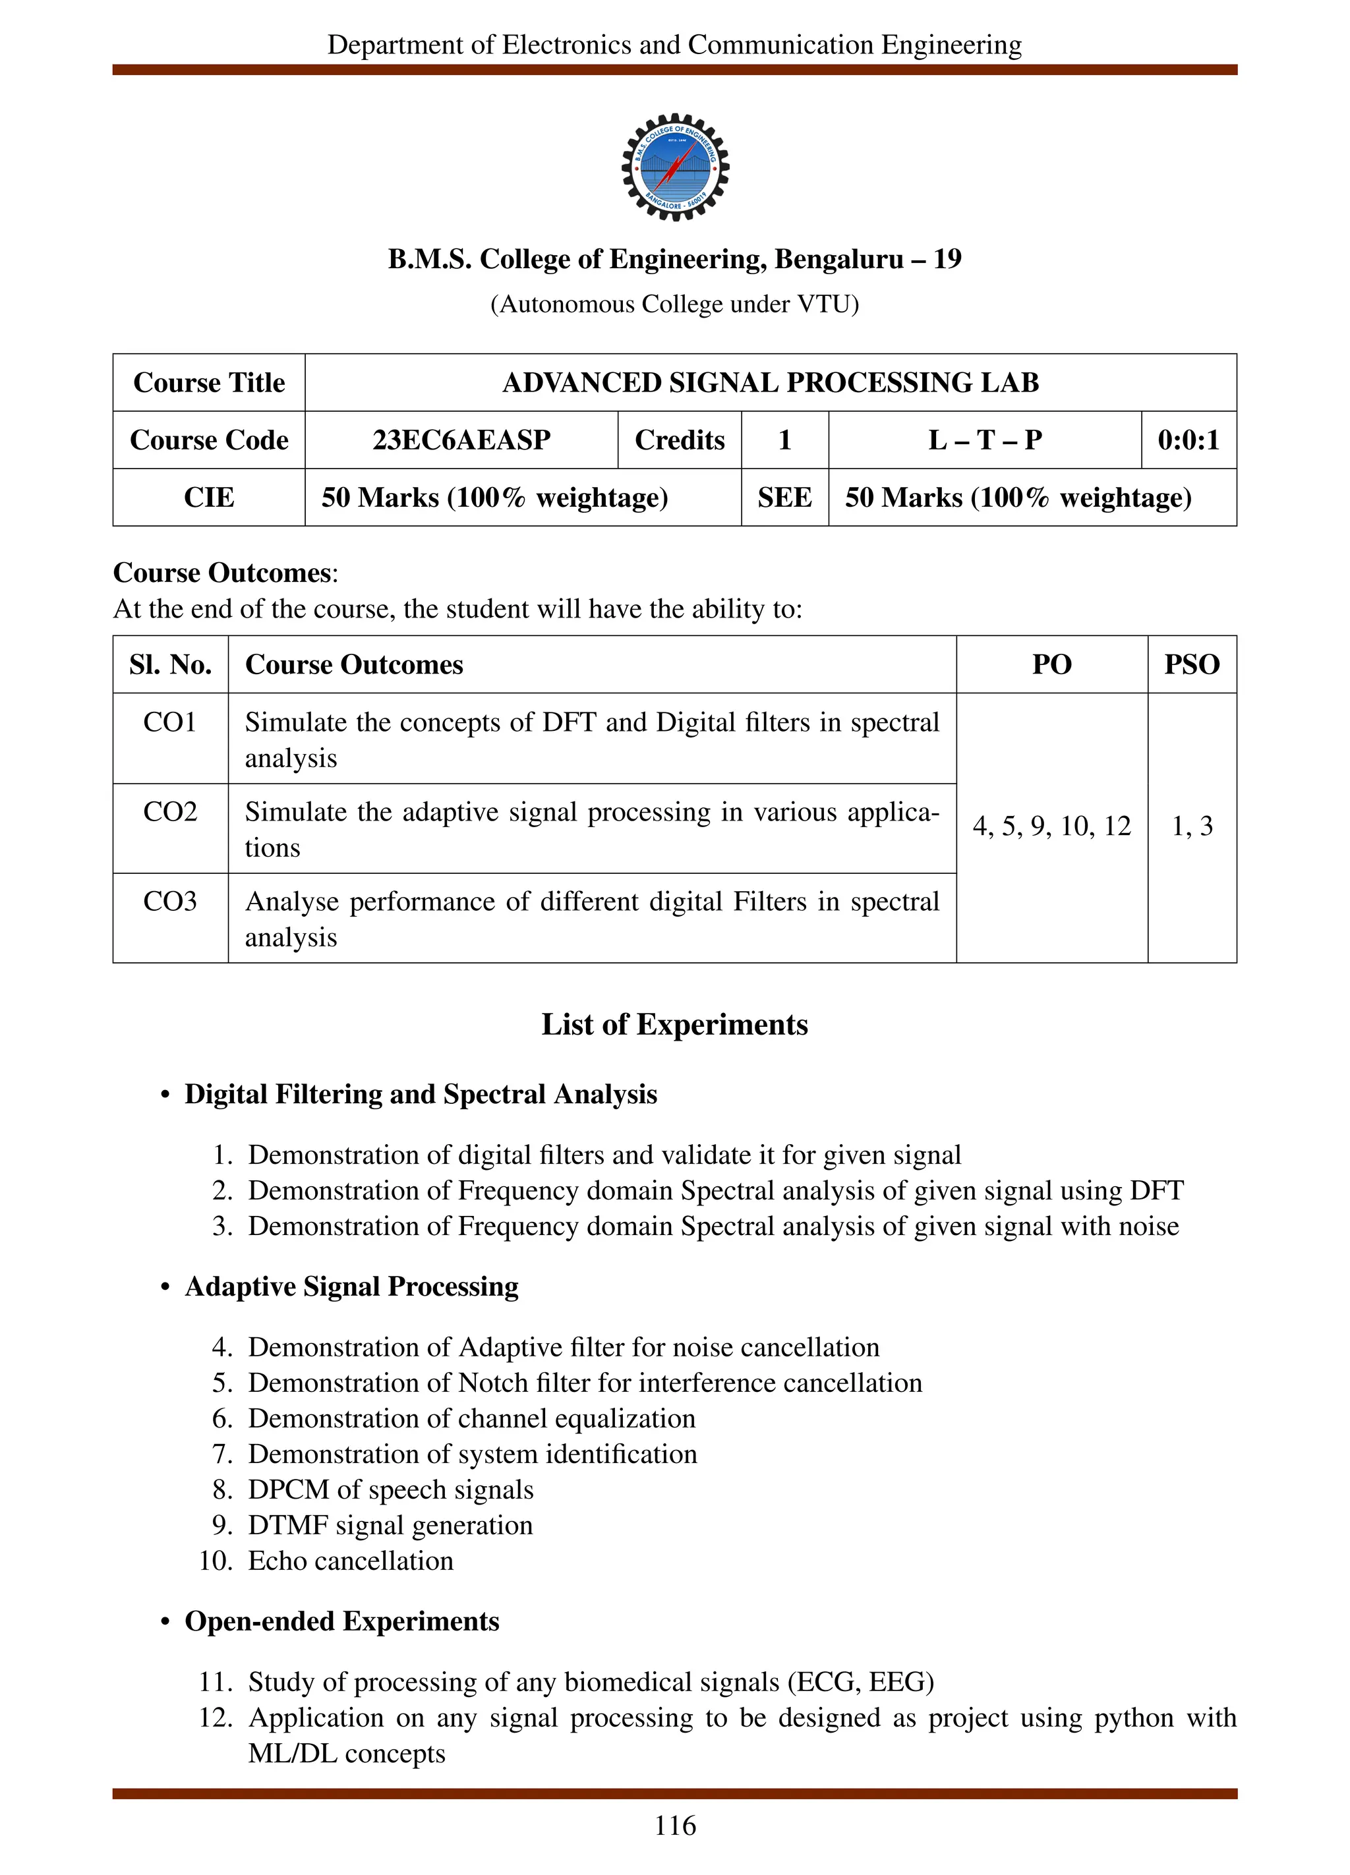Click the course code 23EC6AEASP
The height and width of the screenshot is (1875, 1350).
point(461,440)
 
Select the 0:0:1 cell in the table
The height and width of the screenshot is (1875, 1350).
point(1188,440)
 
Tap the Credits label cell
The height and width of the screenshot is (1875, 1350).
point(679,440)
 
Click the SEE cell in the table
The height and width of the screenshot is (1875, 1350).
point(784,498)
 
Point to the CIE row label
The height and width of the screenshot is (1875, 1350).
point(208,498)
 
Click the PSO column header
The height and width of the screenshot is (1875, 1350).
point(1191,665)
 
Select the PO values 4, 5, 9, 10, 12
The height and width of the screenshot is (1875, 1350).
point(1051,826)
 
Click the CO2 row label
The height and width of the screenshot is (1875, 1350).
point(169,812)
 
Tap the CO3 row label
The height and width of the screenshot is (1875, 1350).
point(169,901)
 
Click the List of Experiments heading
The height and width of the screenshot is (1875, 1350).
point(674,1024)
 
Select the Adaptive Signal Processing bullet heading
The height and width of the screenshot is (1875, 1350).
point(351,1286)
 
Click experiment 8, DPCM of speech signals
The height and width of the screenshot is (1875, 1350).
point(390,1489)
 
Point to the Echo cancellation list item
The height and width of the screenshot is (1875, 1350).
point(351,1561)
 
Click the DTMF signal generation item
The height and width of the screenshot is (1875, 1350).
point(390,1525)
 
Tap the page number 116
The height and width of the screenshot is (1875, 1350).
point(674,1826)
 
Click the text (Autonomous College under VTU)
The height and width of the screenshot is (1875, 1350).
point(674,304)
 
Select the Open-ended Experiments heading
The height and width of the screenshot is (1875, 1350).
point(341,1621)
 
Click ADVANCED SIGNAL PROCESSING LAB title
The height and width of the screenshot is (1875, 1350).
point(770,383)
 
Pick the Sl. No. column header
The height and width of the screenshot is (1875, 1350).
point(170,665)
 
